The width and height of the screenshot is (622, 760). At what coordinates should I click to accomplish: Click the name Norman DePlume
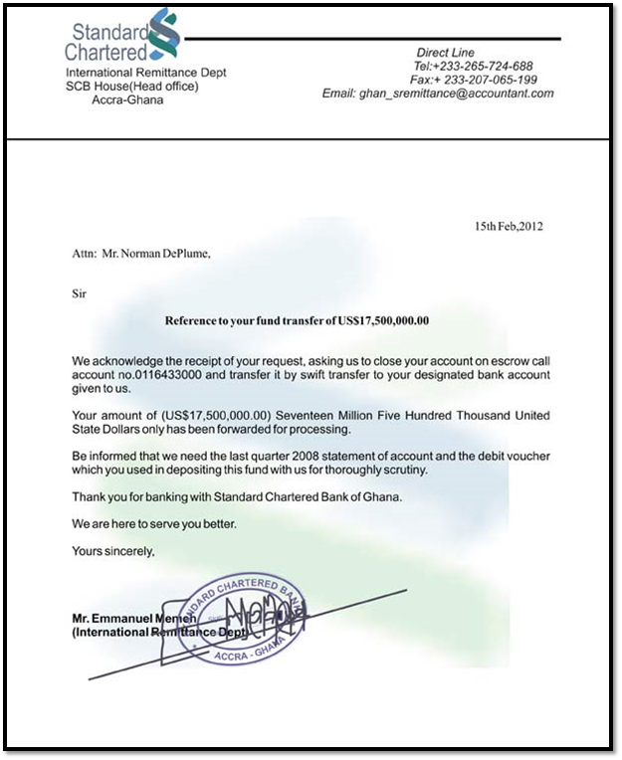[x=156, y=253]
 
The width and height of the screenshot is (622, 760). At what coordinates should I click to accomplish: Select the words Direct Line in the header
[x=445, y=52]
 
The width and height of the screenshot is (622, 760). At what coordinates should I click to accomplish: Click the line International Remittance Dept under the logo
[x=146, y=73]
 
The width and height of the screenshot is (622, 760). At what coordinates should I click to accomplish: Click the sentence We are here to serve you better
[x=153, y=522]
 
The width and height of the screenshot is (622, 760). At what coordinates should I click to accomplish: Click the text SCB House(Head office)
[x=132, y=87]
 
